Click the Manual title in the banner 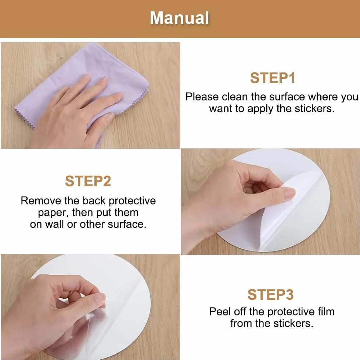tap(179, 18)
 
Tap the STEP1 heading tap(273, 78)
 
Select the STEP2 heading tap(88, 181)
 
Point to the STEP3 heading tap(270, 295)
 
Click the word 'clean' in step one tap(235, 97)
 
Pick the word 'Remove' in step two tap(41, 201)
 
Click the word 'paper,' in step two tap(53, 213)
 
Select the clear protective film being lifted tap(96, 326)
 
